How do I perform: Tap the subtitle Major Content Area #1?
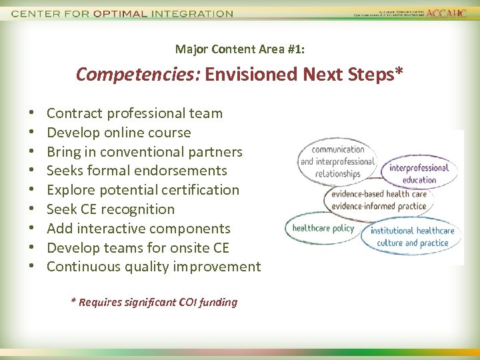(x=239, y=49)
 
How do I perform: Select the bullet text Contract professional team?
(x=134, y=113)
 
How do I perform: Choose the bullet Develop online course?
(x=119, y=133)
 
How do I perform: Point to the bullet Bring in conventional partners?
(x=144, y=151)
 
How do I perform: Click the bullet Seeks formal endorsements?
(x=137, y=171)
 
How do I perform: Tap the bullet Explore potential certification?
(x=143, y=190)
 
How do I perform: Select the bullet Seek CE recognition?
(x=111, y=209)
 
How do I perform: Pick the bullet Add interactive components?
(x=138, y=229)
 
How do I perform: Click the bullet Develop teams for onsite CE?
(x=137, y=248)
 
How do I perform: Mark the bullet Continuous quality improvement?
(x=153, y=267)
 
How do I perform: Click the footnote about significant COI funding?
(x=154, y=302)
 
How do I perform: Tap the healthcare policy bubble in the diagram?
(x=323, y=228)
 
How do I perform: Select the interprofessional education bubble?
(x=419, y=173)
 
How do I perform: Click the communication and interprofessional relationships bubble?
(x=337, y=161)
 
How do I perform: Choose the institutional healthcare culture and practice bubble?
(x=412, y=237)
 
